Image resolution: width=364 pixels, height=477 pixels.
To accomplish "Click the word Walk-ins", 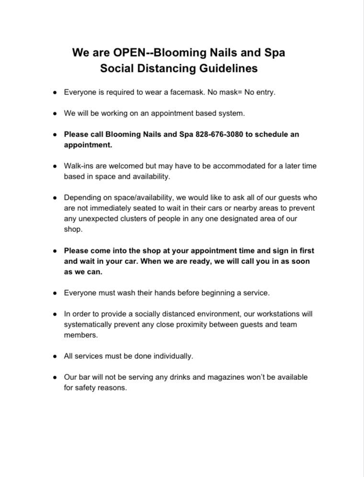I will click(79, 166).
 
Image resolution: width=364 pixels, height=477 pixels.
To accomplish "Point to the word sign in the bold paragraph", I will click(269, 250).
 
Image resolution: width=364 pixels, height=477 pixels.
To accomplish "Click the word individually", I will click(170, 356).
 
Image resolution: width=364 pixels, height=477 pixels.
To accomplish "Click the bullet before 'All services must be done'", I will click(55, 356).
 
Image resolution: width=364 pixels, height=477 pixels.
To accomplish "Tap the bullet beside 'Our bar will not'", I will click(55, 377).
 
